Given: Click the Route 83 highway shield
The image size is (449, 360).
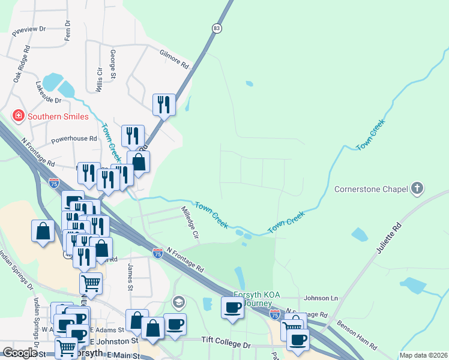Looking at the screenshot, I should tap(216, 28).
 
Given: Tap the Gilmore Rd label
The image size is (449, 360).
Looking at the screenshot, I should tap(174, 58).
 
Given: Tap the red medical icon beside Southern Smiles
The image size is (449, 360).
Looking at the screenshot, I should tap(19, 116).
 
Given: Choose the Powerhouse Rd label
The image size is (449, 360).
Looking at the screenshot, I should tap(74, 139).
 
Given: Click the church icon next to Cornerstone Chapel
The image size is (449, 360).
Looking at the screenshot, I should tap(417, 189).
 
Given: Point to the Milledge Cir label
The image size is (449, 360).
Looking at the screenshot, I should tap(190, 222).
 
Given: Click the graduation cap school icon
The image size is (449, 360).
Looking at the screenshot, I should tap(178, 301).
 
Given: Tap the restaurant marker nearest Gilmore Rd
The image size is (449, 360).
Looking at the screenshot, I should tap(163, 105).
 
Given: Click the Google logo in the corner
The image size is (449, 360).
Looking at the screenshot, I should tap(19, 353).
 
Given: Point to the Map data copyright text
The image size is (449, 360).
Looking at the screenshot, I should tap(423, 355).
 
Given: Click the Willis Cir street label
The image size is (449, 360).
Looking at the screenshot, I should tap(99, 78).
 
